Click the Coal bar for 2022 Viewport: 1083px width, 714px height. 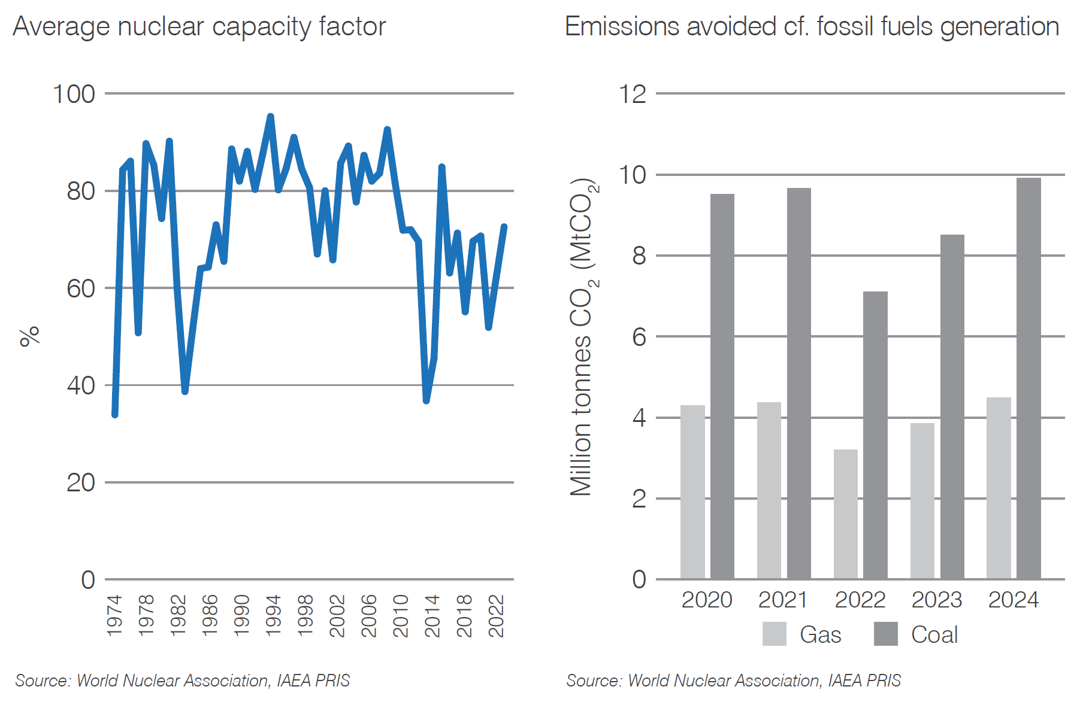(x=875, y=435)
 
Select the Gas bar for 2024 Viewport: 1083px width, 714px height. (x=999, y=488)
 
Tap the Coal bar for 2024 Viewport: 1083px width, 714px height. (x=1028, y=378)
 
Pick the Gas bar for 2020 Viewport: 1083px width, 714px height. (x=692, y=492)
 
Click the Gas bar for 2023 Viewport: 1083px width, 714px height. (x=922, y=501)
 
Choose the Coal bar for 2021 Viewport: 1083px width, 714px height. (x=798, y=383)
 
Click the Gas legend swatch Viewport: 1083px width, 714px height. (x=774, y=634)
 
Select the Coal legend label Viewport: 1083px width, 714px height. (x=934, y=634)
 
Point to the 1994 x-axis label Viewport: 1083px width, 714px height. (x=273, y=615)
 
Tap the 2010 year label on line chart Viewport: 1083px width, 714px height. (x=400, y=615)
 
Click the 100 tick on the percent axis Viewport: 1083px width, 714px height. (x=74, y=95)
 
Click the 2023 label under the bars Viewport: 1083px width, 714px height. (x=936, y=600)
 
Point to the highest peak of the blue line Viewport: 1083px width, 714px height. (x=270, y=117)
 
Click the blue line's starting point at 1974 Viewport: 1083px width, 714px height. (x=115, y=414)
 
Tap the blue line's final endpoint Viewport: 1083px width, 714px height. (x=504, y=227)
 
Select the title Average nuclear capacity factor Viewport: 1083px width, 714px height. (x=199, y=27)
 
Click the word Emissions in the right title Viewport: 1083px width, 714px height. (x=621, y=27)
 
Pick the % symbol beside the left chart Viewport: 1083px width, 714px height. (x=29, y=336)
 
